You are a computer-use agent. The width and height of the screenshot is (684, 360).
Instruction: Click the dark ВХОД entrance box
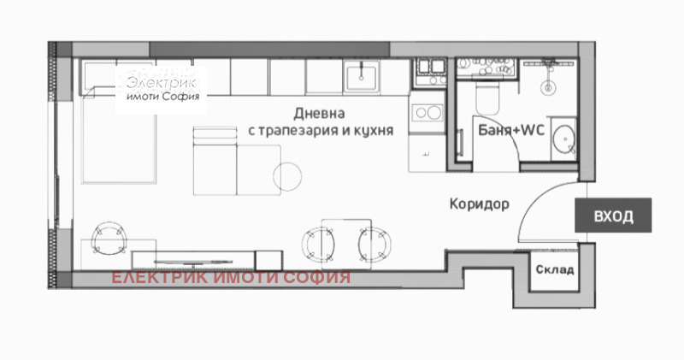click(613, 216)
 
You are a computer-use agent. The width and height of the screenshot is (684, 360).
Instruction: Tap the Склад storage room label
click(555, 271)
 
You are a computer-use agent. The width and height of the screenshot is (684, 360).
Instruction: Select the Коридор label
click(479, 205)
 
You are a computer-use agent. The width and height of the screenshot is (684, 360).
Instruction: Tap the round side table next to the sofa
click(288, 176)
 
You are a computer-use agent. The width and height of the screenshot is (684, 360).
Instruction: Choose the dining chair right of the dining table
click(373, 242)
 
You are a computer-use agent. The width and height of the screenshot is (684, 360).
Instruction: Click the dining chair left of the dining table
click(315, 242)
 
